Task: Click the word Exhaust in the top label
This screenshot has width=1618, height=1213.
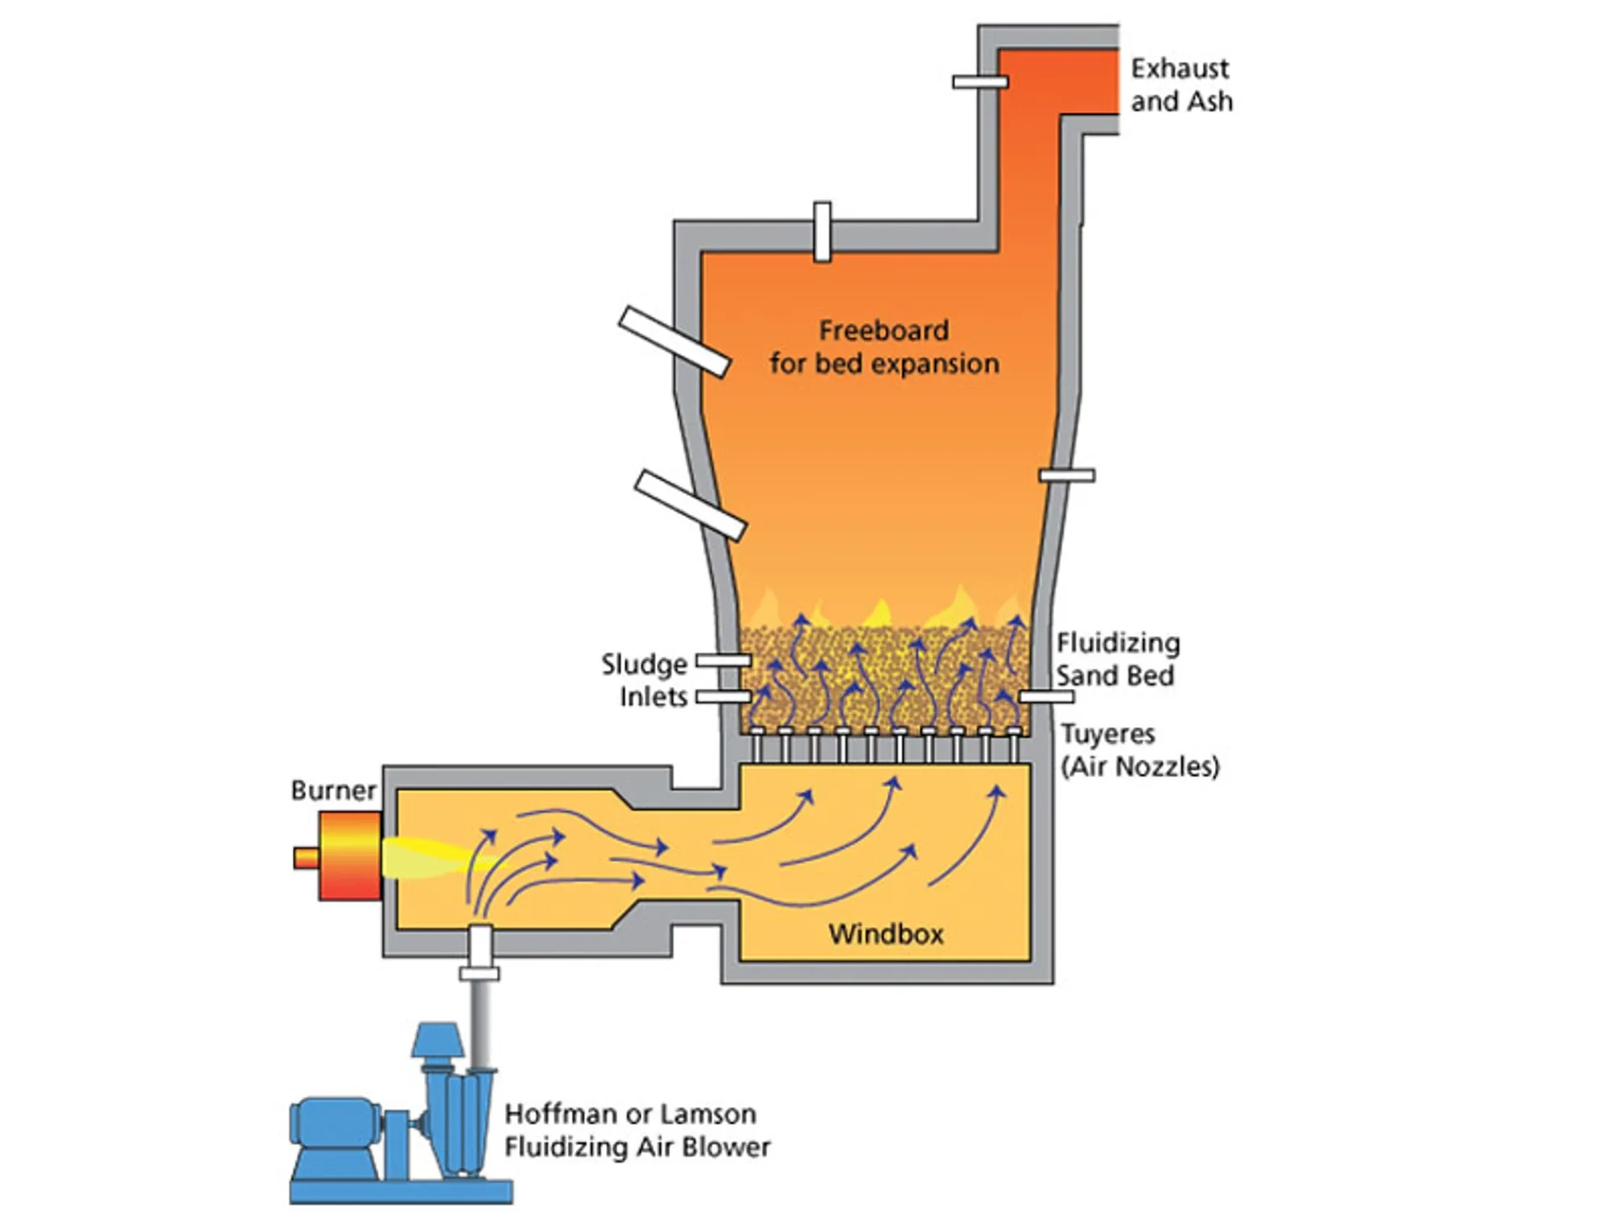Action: pos(1179,69)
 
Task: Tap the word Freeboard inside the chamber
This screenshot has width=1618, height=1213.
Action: pos(883,330)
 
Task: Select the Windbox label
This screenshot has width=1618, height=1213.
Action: pos(886,934)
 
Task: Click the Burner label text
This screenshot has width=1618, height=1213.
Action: pos(333,790)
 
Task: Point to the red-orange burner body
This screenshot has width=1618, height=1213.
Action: pos(349,856)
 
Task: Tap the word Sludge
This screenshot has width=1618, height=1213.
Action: pos(644,664)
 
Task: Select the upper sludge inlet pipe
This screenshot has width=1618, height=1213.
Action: pos(723,661)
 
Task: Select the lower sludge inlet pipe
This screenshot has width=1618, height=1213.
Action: pos(723,696)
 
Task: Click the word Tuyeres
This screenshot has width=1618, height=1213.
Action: pos(1108,733)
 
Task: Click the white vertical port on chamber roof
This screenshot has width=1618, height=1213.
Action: pos(822,232)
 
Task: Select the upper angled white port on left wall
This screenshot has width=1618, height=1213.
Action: pos(675,342)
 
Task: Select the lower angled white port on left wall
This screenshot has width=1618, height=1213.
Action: pos(690,505)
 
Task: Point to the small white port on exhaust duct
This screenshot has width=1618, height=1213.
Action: pos(980,82)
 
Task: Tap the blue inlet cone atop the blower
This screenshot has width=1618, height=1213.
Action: pos(437,1041)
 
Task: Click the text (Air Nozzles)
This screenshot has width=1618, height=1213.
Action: pos(1139,766)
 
